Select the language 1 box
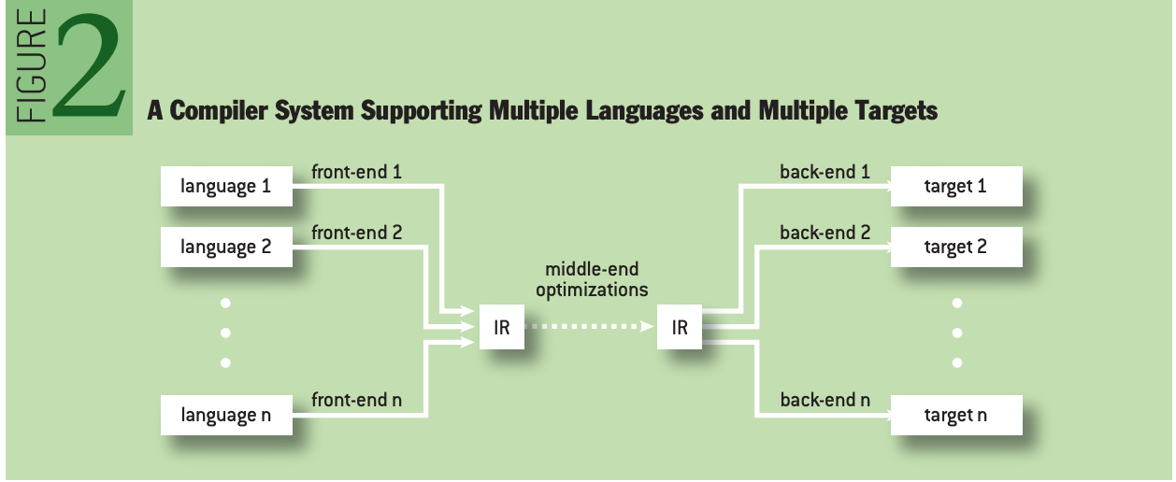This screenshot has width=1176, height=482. [x=226, y=187]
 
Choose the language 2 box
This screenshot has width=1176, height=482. [x=226, y=248]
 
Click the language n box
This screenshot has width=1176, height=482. [x=226, y=415]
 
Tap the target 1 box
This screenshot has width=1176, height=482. [x=955, y=187]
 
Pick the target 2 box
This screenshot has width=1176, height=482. [x=955, y=248]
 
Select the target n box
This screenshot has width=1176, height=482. [x=955, y=415]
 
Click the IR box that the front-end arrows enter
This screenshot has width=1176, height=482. [x=501, y=328]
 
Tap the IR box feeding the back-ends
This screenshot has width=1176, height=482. [x=679, y=328]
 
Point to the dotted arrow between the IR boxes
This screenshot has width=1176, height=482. [x=589, y=328]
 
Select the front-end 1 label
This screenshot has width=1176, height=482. [x=356, y=172]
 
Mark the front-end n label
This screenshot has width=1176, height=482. [x=356, y=400]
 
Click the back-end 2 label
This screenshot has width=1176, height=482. [x=825, y=233]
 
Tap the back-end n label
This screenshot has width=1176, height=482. [x=825, y=400]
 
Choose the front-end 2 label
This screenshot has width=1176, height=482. [x=356, y=233]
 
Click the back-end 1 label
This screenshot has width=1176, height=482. [x=825, y=172]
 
